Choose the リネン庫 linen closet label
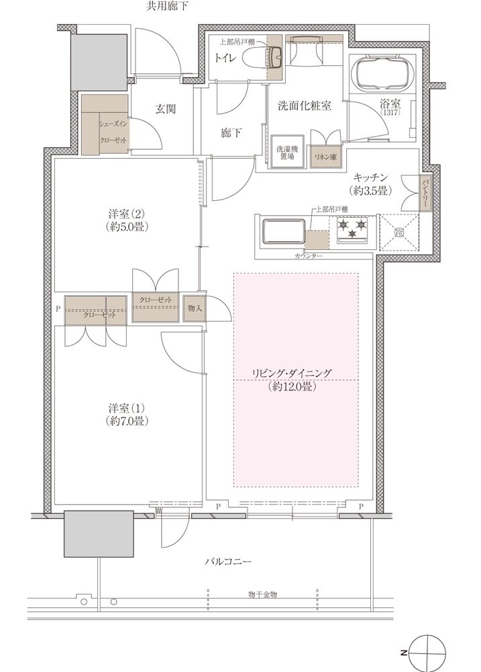point(325,156)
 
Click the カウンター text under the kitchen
point(308,257)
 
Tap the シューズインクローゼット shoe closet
point(106,127)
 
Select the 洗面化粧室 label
point(304,106)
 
